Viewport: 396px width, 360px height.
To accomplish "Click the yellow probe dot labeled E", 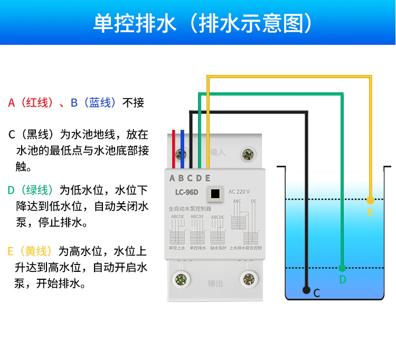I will click(x=370, y=200).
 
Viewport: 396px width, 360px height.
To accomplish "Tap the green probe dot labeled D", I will click(x=342, y=268).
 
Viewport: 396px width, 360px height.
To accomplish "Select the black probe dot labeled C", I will click(x=306, y=290).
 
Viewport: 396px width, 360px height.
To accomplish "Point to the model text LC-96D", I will click(x=186, y=192).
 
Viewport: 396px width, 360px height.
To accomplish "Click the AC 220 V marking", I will click(x=239, y=192).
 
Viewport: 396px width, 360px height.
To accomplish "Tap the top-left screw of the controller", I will click(x=182, y=155).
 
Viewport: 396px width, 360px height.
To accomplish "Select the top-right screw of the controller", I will click(x=246, y=155).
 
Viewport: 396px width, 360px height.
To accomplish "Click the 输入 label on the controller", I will click(x=217, y=153).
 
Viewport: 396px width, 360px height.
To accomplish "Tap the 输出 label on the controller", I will click(x=215, y=283).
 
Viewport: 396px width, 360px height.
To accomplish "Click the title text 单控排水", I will click(x=134, y=23).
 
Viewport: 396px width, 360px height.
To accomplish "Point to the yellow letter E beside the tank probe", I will click(x=370, y=212).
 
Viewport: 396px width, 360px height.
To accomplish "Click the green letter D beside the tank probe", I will click(x=342, y=279).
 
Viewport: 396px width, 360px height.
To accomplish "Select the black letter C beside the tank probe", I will click(x=317, y=293).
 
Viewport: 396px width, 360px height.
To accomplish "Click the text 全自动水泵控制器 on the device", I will click(x=189, y=209).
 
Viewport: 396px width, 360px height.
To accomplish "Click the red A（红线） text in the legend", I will click(x=31, y=102).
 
